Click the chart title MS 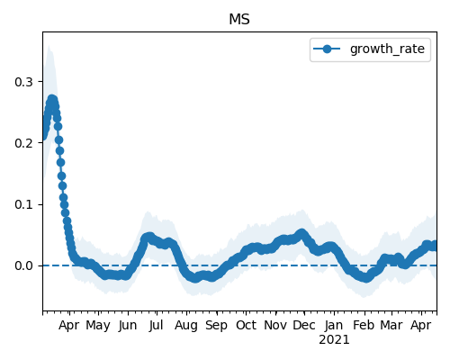point(239,20)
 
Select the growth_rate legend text point(387,49)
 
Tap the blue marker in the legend point(327,49)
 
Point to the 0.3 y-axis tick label point(23,82)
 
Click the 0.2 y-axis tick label point(23,143)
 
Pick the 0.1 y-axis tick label point(23,204)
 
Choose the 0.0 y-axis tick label point(23,265)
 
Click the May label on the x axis point(98,326)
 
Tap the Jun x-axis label point(128,326)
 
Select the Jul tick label point(156,326)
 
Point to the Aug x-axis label point(186,326)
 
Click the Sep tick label point(216,326)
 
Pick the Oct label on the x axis point(246,326)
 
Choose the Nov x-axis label point(275,326)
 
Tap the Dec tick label point(304,326)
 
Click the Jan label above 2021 point(334,326)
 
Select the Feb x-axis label point(364,326)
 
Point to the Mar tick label point(391,326)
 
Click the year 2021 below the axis point(334,340)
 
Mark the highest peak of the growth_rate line point(52,100)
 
